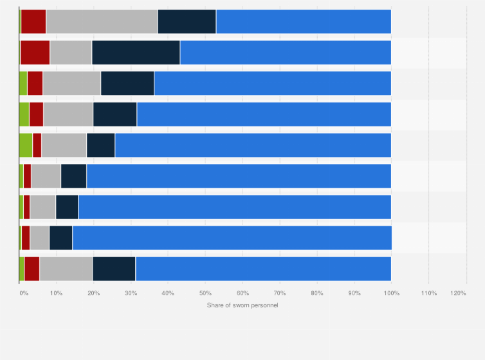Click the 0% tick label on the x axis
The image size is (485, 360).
coord(23,293)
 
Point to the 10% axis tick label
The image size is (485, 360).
coord(56,293)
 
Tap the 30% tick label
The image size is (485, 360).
coord(131,293)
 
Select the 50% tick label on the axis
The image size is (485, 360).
coord(205,293)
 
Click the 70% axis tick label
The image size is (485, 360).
coord(279,293)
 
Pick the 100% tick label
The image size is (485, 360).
coord(391,293)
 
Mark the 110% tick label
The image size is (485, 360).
coord(428,293)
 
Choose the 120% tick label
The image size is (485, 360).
coord(458,293)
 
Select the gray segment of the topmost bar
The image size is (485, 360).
coord(102,21)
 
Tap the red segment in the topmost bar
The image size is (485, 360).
coord(33,21)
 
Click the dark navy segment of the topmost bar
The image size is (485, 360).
coord(187,21)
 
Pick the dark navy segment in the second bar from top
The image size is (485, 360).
coord(136,52)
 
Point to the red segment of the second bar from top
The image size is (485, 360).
coord(35,52)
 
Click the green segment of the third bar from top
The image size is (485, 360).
coord(23,83)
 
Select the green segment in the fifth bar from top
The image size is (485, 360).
coord(26,145)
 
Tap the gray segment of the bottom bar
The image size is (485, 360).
coord(66,269)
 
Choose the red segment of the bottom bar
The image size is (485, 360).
coord(32,269)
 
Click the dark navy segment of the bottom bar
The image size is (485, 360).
coord(114,269)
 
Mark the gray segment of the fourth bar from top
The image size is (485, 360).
coord(68,114)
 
